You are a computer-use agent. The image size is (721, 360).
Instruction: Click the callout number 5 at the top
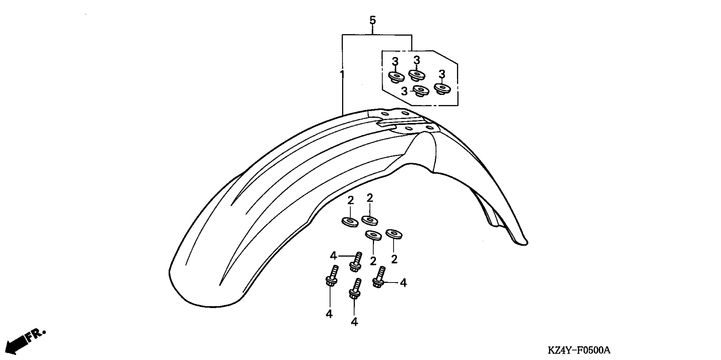pos(372,20)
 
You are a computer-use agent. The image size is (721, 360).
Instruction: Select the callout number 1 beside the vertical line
pos(342,75)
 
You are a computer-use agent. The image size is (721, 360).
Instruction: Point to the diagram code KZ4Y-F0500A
pos(579,350)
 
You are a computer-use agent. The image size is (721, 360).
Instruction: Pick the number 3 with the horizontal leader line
pos(404,91)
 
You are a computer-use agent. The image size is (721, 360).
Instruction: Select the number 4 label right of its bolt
pos(403,283)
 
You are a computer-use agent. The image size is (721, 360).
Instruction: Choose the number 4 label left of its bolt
pos(333,256)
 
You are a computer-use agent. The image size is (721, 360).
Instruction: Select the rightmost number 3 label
pos(442,74)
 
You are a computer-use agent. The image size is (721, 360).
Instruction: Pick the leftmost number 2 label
pos(350,201)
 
